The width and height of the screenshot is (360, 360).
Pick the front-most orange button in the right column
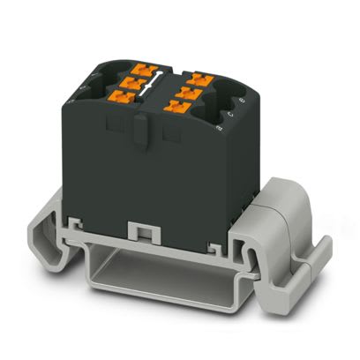pyautogui.click(x=174, y=108)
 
